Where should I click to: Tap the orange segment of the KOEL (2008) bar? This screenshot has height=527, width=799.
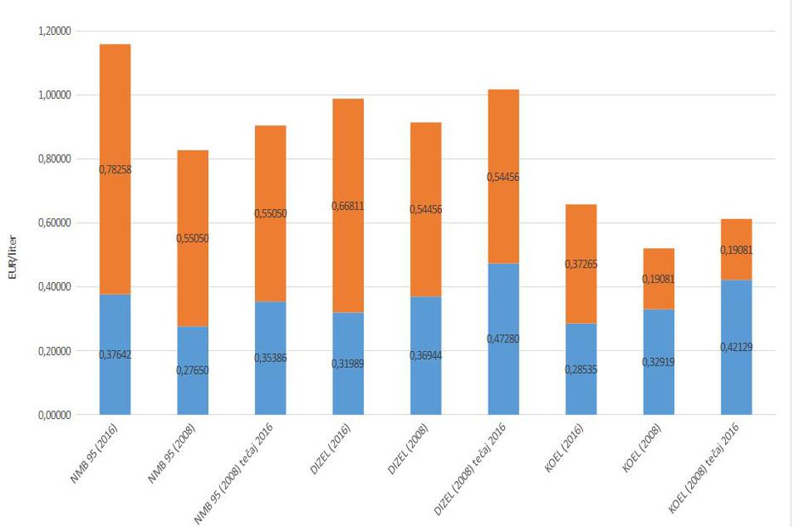[x=659, y=263]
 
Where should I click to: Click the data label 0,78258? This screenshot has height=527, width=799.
[x=115, y=170]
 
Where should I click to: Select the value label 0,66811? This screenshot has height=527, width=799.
[x=348, y=206]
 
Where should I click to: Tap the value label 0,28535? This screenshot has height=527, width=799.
[x=581, y=370]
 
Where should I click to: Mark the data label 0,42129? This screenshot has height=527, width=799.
[x=736, y=348]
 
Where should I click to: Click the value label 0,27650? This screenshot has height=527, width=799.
[x=192, y=371]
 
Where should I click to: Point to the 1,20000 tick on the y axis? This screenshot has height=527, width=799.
[x=54, y=31]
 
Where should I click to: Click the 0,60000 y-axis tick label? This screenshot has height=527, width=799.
[x=54, y=223]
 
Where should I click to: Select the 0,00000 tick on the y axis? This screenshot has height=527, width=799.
[x=54, y=415]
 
